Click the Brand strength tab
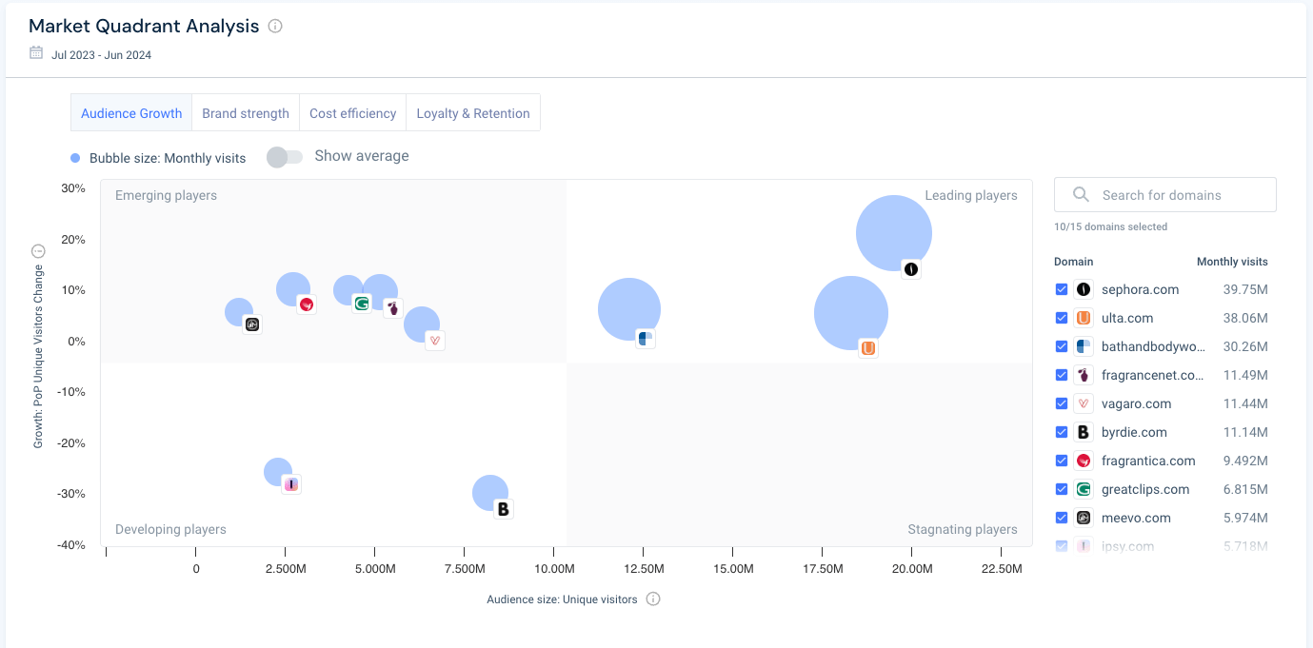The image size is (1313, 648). coord(246,113)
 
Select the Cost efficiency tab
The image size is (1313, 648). coord(352,113)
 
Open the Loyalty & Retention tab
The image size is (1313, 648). coord(473,113)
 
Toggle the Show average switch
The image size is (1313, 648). coord(284,157)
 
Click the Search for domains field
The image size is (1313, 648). coord(1164,195)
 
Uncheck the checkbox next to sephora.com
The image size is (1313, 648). coord(1062,289)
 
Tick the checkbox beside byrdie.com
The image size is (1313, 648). coord(1062,432)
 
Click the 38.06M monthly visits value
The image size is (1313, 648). coord(1245,318)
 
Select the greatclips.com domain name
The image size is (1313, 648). coord(1144,489)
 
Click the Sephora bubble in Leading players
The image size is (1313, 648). coord(893,233)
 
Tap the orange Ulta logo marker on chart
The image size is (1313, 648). coord(867,348)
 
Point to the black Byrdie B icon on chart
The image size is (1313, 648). coord(503,509)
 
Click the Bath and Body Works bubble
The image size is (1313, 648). coord(628,310)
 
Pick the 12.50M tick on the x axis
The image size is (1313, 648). coord(643,569)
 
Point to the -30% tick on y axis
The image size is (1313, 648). coord(72,494)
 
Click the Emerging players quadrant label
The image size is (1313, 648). coord(166,196)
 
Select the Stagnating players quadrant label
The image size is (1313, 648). coord(962,530)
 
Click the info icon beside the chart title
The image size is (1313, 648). coord(275,27)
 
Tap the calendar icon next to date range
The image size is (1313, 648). coord(36,53)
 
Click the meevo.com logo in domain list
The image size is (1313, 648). coord(1083,518)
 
